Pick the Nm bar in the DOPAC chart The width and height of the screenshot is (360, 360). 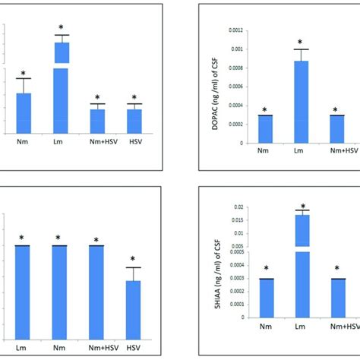pyautogui.click(x=265, y=129)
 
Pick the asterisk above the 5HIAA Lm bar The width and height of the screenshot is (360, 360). pyautogui.click(x=303, y=207)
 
